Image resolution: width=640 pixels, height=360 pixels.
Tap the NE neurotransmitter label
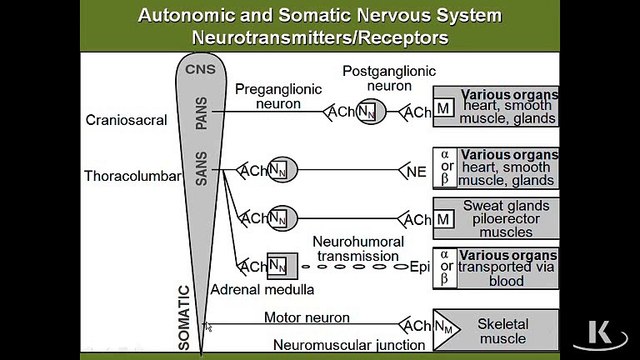[x=418, y=171]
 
